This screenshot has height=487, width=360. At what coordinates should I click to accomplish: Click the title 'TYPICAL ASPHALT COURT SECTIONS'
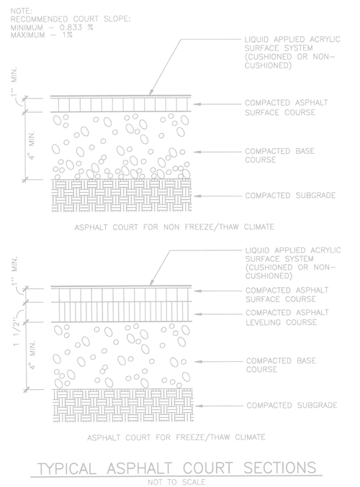(x=176, y=468)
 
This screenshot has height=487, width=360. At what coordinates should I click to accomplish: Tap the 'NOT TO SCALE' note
(x=176, y=482)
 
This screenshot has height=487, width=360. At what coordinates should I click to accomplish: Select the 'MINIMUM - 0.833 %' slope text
(x=52, y=27)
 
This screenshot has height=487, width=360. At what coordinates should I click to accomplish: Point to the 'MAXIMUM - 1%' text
(x=42, y=35)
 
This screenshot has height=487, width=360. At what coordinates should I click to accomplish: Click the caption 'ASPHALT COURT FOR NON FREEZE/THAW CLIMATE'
(x=174, y=227)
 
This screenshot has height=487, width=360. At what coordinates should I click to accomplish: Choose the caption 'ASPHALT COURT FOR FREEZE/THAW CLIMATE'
(x=176, y=437)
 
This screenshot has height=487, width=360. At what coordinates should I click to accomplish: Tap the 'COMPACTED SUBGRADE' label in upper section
(x=290, y=196)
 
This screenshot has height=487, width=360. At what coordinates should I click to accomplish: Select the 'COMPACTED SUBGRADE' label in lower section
(x=292, y=405)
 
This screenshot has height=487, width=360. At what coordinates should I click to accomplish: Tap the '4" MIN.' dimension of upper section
(x=32, y=145)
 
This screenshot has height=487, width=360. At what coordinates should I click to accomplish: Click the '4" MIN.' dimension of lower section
(x=32, y=355)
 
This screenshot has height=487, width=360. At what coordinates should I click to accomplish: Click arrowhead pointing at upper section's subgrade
(x=196, y=196)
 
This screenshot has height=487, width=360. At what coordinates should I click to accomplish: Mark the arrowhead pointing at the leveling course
(x=197, y=314)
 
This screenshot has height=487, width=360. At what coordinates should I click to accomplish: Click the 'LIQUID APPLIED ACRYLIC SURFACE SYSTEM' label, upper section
(x=292, y=53)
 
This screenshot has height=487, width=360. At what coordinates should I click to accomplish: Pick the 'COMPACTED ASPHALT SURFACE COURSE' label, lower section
(x=287, y=295)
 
